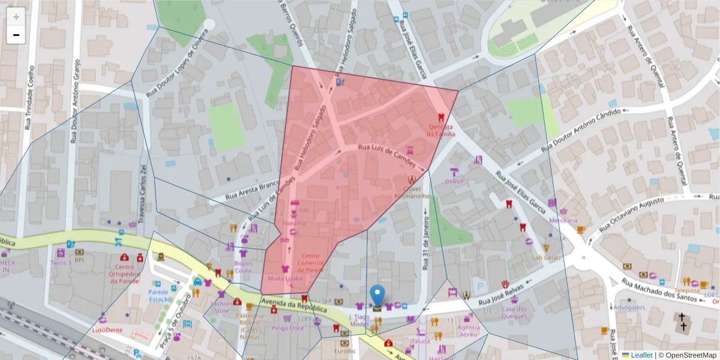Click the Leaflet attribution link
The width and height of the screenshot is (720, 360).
641,355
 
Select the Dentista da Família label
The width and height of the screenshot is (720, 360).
441,130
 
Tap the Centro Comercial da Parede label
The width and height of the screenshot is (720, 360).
311,263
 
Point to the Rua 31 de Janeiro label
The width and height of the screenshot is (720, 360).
425,239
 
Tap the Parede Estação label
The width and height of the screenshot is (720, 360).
160,295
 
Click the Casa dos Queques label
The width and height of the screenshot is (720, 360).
514,313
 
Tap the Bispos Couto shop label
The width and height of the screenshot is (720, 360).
243,266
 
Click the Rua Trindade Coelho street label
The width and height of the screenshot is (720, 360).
28,99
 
